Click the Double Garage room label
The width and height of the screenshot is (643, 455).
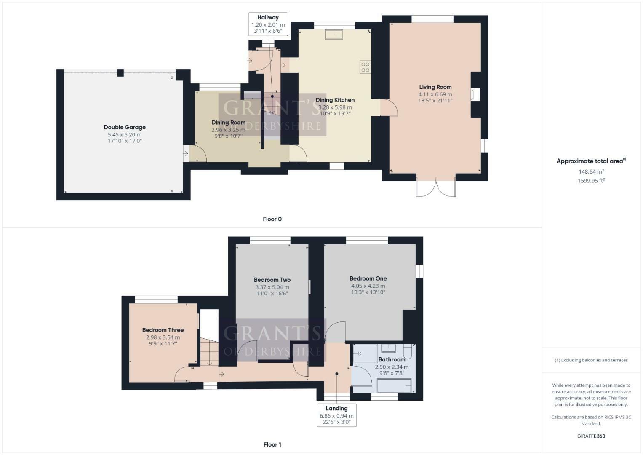click(x=125, y=127)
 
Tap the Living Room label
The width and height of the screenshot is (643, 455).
click(x=435, y=87)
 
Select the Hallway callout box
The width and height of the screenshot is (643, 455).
click(x=268, y=24)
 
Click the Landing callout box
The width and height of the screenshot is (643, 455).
click(x=336, y=415)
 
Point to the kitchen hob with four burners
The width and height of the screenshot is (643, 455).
click(x=365, y=67)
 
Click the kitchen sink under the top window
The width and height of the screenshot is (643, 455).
click(x=334, y=34)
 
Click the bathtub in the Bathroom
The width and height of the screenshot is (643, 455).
click(x=394, y=385)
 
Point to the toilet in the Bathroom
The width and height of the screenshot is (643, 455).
click(x=407, y=351)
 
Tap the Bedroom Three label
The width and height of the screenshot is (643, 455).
click(x=163, y=330)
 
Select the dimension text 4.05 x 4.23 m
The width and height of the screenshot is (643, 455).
click(x=368, y=286)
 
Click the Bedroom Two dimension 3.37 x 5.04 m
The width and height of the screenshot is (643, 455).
click(x=272, y=287)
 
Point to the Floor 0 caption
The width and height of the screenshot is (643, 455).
click(x=272, y=219)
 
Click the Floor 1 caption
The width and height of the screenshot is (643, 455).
click(x=272, y=444)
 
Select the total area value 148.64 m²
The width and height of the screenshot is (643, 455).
click(x=591, y=171)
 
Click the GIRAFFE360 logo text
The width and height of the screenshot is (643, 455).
click(x=591, y=436)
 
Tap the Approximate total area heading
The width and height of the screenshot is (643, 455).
click(x=591, y=161)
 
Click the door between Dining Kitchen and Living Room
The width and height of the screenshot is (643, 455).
click(x=389, y=107)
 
